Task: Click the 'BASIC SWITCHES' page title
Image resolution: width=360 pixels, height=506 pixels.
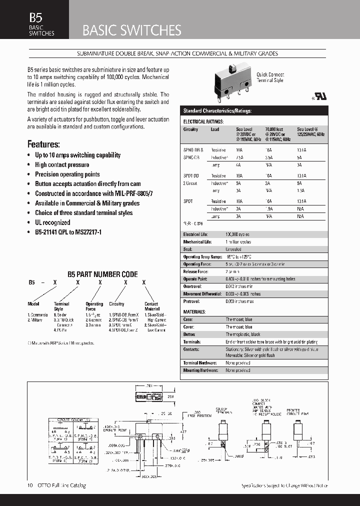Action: point(131,30)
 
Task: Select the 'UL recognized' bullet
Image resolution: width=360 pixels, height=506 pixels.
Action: point(52,222)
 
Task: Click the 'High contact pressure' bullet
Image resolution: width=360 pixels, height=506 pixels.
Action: point(62,164)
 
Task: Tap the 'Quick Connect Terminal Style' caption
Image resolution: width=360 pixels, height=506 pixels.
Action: point(269,77)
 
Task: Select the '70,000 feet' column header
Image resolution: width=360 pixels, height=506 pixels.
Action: point(274,129)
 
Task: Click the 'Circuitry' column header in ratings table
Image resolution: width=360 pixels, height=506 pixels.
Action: point(190,129)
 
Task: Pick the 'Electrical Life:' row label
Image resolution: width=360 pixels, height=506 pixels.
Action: point(195,234)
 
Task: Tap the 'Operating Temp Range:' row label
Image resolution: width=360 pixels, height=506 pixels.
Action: point(202,256)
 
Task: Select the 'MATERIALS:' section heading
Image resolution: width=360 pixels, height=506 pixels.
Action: point(194,311)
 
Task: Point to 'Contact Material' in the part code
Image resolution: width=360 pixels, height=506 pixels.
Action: point(151,306)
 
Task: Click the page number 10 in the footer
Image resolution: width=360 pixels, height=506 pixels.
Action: point(29,485)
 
